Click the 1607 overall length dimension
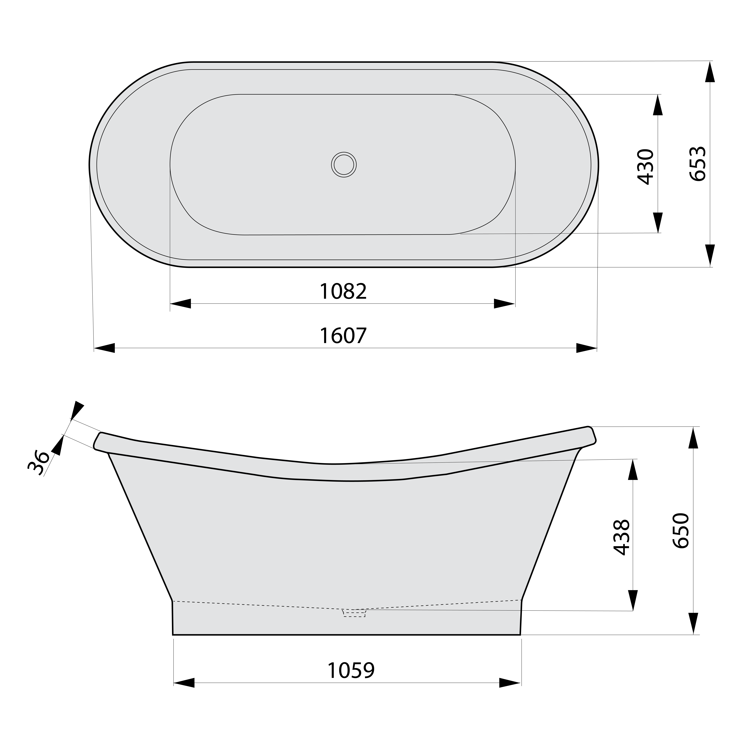(343, 336)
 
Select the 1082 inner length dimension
(343, 292)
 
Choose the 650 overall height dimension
(681, 531)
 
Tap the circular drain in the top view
(344, 165)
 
